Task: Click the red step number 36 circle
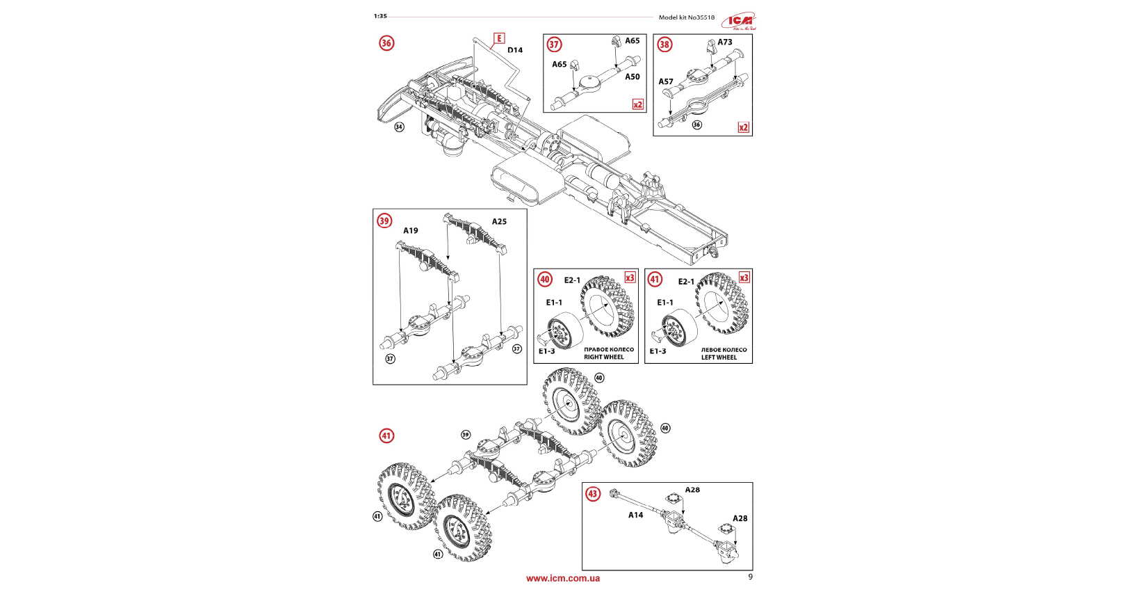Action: tap(386, 43)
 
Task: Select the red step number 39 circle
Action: tap(384, 221)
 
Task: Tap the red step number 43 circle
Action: tap(593, 494)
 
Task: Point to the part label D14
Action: tap(515, 50)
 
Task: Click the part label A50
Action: tap(632, 77)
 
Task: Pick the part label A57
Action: tap(666, 82)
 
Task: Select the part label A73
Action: tap(725, 42)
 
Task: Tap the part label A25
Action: tap(499, 222)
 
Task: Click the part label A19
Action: tap(411, 231)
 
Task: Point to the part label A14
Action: tap(635, 515)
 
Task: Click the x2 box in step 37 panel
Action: tap(637, 104)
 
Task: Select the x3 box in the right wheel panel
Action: tap(630, 278)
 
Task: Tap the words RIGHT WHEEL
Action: tap(603, 358)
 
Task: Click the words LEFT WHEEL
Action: tap(719, 358)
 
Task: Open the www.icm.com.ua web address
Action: tap(563, 578)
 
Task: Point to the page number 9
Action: tap(750, 577)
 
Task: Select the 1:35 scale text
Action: tap(380, 16)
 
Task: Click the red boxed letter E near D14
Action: tap(499, 38)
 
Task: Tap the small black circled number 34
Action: tap(399, 127)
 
